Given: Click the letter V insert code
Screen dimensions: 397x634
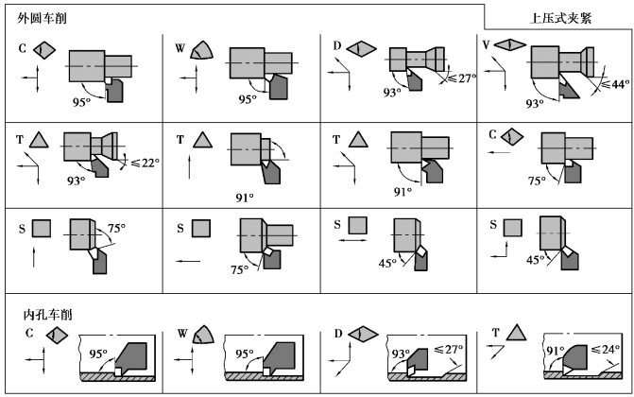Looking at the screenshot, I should (x=486, y=44).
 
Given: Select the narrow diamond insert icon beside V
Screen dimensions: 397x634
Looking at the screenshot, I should (x=509, y=44).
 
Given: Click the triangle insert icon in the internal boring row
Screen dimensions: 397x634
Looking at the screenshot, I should (x=515, y=332).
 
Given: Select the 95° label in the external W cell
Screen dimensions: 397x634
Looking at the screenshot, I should (x=248, y=99).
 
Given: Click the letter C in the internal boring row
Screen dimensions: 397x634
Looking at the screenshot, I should (x=29, y=333).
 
